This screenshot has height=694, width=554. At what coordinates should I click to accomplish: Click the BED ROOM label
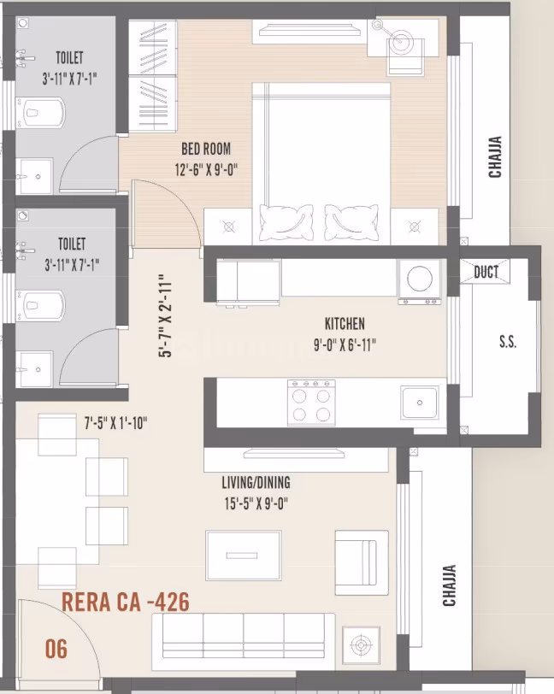click(205, 149)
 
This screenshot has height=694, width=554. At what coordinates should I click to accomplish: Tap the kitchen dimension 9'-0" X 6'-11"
click(345, 344)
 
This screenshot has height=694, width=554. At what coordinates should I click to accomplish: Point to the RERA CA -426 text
click(126, 602)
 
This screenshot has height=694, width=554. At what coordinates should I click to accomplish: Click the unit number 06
click(56, 649)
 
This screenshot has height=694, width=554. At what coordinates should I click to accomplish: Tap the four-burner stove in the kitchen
click(311, 402)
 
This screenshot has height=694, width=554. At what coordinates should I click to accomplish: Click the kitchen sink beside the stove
click(420, 401)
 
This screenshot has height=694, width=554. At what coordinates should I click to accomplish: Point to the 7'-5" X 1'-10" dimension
click(115, 422)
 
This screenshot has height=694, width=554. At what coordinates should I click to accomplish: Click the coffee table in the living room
click(243, 555)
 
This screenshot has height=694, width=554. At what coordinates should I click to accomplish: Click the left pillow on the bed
click(286, 222)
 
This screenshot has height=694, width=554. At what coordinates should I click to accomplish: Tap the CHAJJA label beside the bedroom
click(495, 157)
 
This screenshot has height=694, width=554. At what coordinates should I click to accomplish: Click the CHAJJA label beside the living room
click(448, 585)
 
